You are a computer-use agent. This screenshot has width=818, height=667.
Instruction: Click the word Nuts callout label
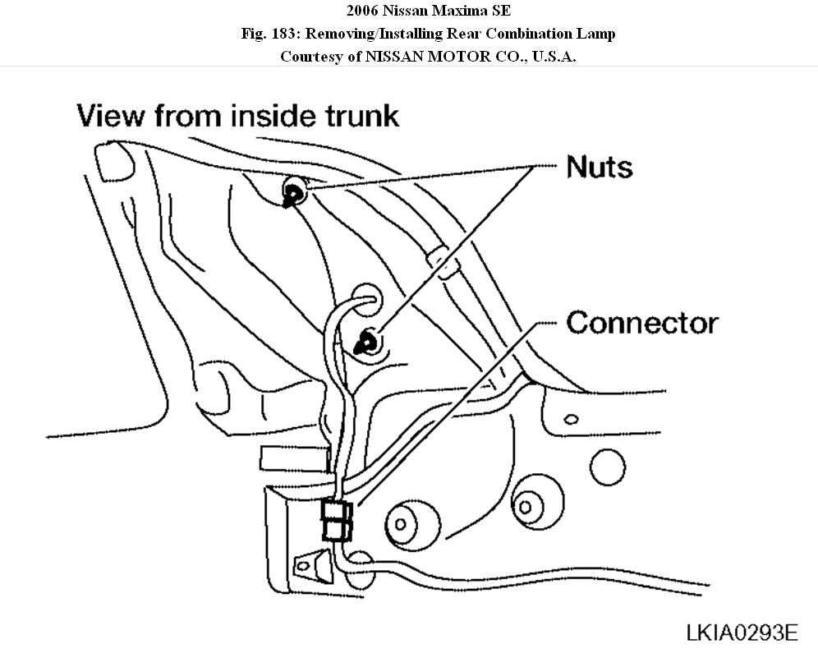[x=600, y=167]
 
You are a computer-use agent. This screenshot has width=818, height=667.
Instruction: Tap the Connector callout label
[x=641, y=322]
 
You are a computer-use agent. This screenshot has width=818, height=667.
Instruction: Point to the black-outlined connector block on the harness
[x=337, y=520]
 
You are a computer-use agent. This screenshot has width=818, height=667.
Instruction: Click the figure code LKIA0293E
[x=742, y=632]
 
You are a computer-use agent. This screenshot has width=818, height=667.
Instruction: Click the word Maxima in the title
[x=450, y=11]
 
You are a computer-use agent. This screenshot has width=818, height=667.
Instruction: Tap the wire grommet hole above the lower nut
[x=367, y=297]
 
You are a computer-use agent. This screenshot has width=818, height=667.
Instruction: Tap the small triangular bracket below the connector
[x=308, y=564]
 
